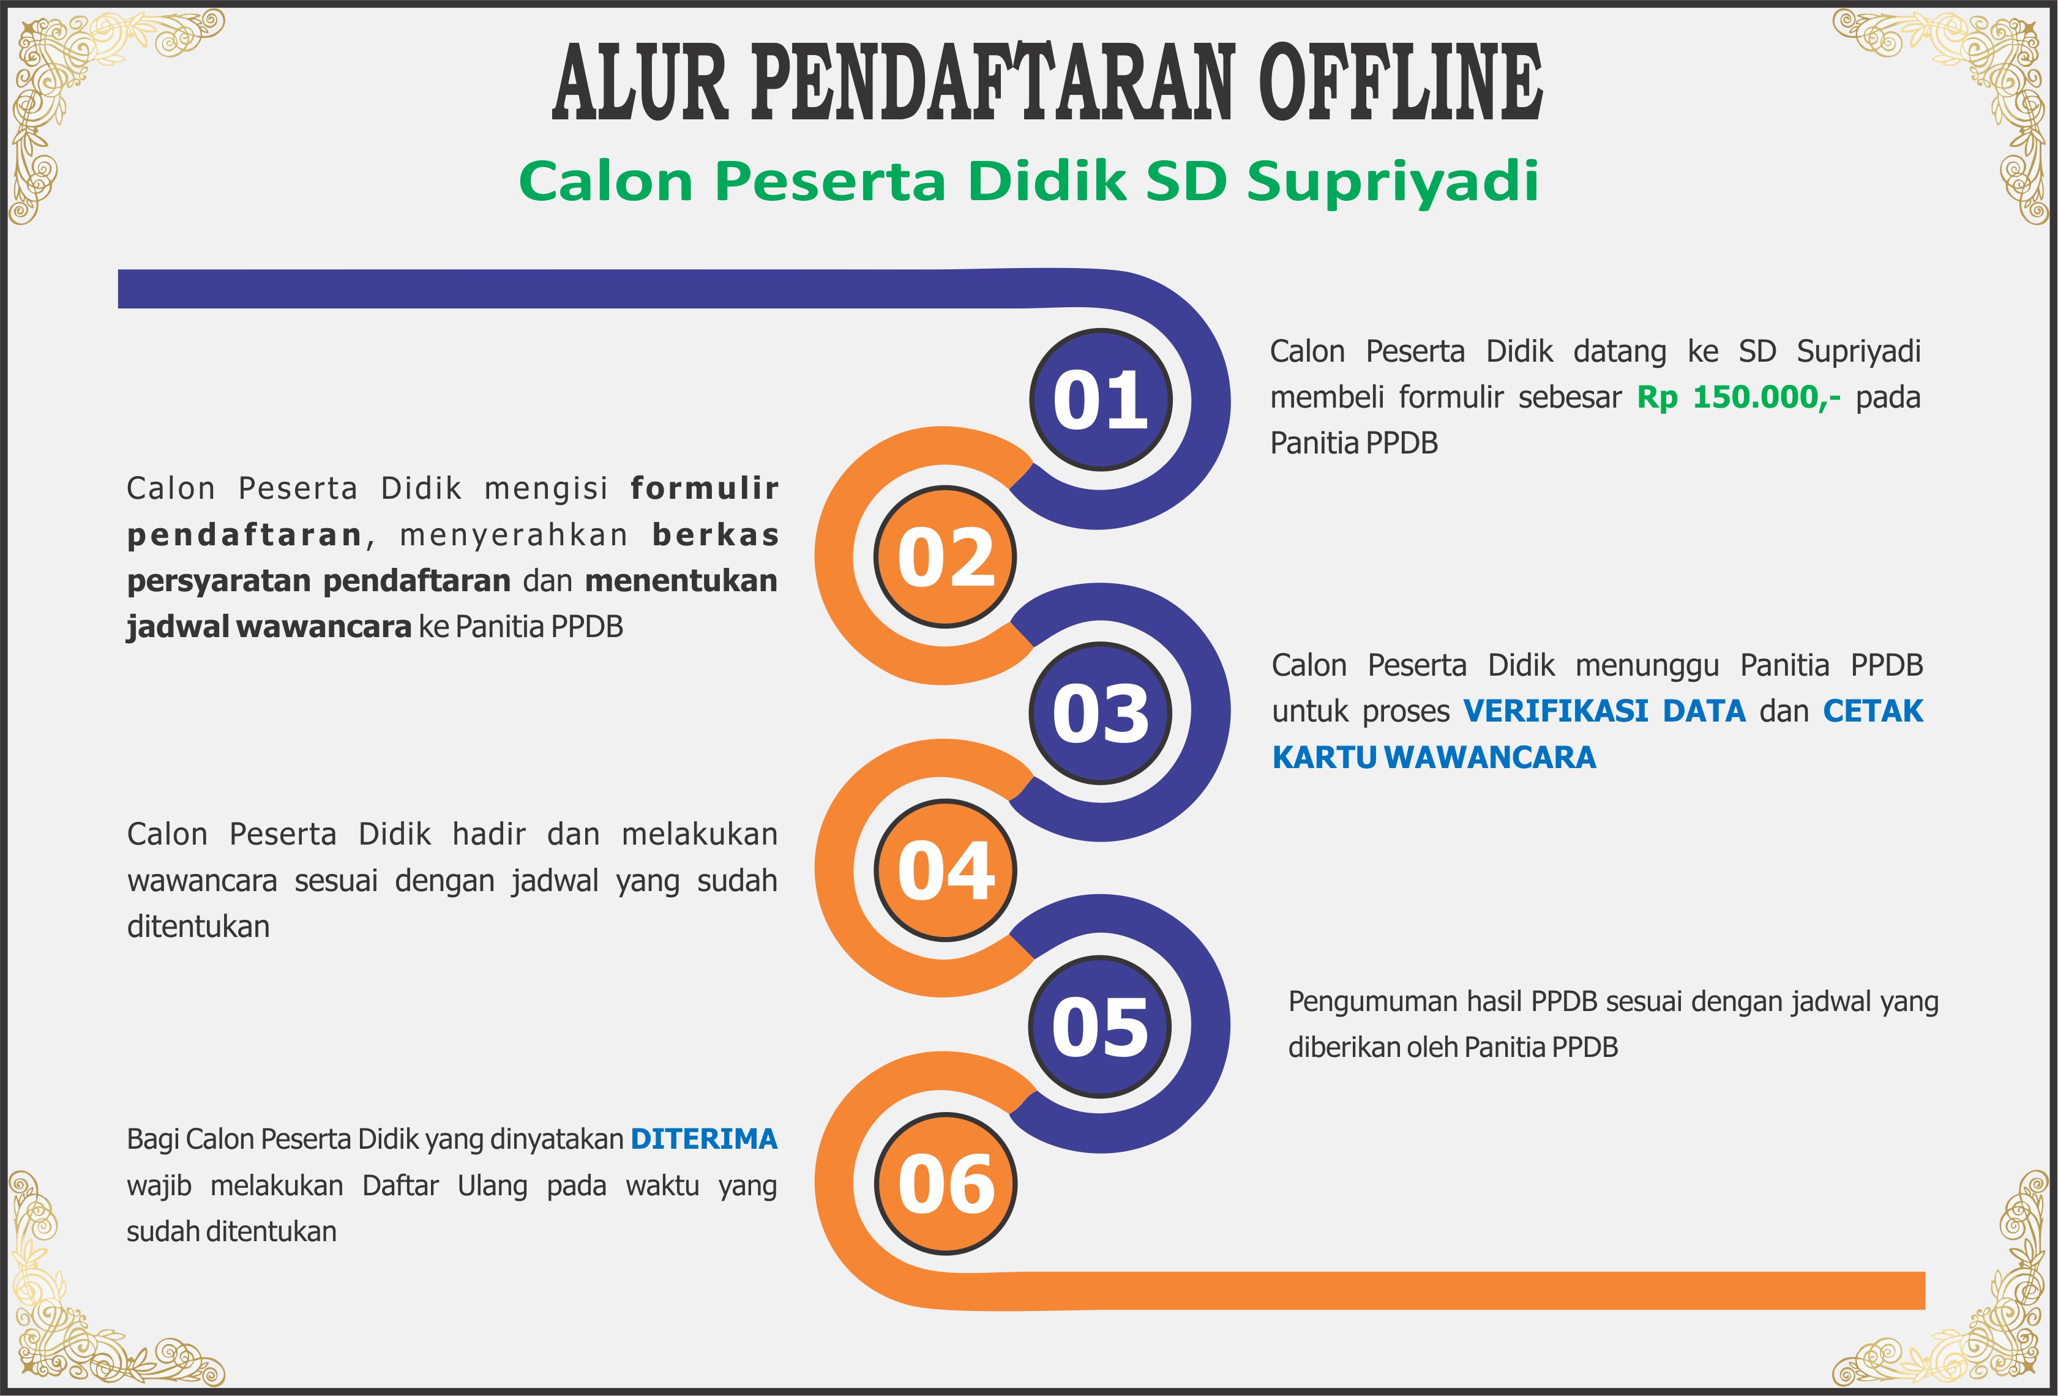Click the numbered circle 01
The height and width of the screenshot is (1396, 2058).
click(1101, 399)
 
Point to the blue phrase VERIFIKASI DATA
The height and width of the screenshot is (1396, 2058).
click(1604, 711)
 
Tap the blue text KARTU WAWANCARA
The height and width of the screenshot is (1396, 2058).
click(1434, 758)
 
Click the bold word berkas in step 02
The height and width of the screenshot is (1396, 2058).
click(716, 535)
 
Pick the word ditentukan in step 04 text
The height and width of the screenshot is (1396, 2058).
click(198, 927)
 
